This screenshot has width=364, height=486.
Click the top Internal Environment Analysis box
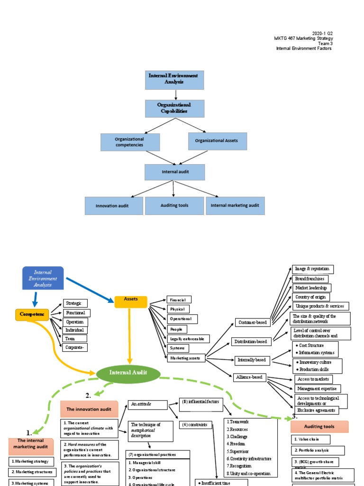[x=174, y=80]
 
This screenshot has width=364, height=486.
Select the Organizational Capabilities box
[x=174, y=108]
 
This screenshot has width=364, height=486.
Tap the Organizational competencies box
[x=130, y=142]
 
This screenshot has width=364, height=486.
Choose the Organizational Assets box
[x=217, y=141]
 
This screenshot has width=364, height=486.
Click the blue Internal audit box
[x=174, y=172]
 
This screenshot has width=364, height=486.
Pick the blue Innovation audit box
[x=113, y=206]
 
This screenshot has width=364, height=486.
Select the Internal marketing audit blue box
[x=235, y=206]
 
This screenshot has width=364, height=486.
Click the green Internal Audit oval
[x=128, y=373]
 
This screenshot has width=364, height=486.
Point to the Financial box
[x=179, y=299]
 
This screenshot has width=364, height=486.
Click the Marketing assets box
[x=186, y=358]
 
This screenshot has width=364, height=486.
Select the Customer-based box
[x=251, y=323]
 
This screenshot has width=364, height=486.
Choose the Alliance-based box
[x=250, y=378]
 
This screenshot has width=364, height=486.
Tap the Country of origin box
[x=312, y=297]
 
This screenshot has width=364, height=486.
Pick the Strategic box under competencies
[x=75, y=303]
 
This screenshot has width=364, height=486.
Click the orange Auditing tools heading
[x=319, y=426]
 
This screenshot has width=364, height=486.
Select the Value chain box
[x=310, y=439]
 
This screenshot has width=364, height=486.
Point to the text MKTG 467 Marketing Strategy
[x=303, y=38]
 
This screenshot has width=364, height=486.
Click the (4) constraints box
[x=195, y=425]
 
